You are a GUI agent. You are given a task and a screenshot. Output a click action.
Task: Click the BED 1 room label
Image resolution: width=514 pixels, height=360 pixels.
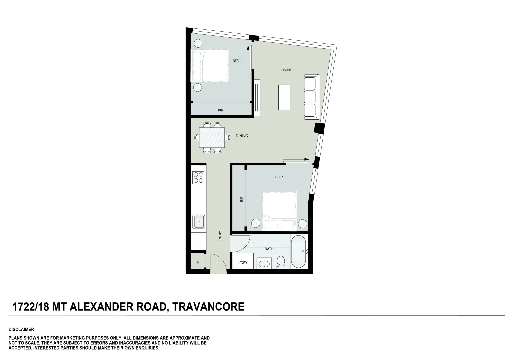pos(237,61)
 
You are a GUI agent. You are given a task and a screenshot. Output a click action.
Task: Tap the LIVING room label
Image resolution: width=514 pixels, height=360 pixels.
pos(287,70)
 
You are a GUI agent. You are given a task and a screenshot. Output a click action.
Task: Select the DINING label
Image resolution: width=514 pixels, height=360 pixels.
pos(242,136)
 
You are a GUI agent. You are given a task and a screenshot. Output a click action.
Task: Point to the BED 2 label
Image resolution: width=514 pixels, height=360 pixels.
pos(278,177)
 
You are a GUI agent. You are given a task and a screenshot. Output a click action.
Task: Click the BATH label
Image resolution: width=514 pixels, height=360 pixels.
pos(269,249)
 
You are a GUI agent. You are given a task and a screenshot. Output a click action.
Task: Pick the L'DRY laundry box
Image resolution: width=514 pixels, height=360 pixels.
pos(242,263)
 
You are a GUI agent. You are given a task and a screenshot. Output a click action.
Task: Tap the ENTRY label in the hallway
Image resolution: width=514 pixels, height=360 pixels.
pos(220,236)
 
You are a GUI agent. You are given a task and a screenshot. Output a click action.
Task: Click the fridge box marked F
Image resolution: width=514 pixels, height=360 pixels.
pos(198,243)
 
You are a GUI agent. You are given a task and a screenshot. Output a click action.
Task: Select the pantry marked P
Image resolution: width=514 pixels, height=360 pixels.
pos(198,262)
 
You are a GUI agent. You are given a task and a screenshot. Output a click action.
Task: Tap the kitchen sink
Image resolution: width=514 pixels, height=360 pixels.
pos(199,222)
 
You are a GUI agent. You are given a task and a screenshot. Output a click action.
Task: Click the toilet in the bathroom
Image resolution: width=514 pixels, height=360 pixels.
pos(281,261)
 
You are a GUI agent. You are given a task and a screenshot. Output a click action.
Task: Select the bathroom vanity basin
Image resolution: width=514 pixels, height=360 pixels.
pos(264,264)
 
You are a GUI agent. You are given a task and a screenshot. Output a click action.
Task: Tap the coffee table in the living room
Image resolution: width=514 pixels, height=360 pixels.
pos(284,97)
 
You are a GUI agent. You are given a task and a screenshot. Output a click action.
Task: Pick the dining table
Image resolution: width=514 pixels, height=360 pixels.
pos(212,137)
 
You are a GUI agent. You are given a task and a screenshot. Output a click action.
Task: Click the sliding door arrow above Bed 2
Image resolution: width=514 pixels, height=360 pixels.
pos(296,160)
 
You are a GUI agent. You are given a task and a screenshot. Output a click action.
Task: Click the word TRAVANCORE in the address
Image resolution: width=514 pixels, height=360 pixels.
pos(208,306)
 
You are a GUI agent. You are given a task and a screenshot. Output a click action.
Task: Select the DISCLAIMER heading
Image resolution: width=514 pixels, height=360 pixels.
pos(21,329)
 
